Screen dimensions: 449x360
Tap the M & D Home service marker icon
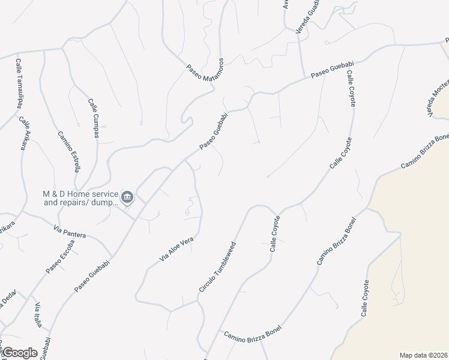(127, 197)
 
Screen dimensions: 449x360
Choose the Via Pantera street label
(70, 232)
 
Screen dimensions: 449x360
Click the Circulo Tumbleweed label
(218, 268)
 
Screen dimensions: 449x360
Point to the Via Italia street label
(38, 315)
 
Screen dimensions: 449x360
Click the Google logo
(19, 353)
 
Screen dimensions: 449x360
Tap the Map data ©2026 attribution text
(423, 355)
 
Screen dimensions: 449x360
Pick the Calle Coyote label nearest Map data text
(364, 298)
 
